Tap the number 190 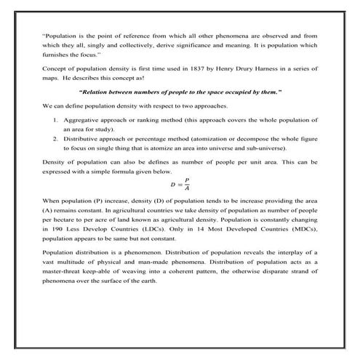tap(50, 228)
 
